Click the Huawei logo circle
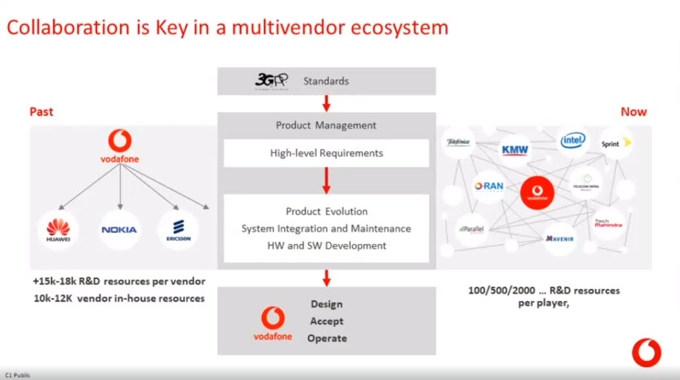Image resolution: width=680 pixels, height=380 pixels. tap(58, 230)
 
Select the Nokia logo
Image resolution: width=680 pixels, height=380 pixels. tap(119, 230)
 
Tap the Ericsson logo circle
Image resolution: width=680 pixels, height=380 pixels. tap(178, 230)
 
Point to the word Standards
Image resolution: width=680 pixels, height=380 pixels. tap(326, 81)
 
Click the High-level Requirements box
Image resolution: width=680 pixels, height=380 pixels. tap(326, 153)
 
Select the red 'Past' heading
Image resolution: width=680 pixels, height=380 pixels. tap(42, 111)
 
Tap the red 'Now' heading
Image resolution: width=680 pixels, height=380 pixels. tap(633, 111)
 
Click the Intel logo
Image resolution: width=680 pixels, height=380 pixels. tap(572, 140)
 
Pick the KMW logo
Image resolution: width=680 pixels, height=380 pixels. tap(514, 149)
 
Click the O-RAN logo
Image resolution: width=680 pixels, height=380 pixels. tap(489, 187)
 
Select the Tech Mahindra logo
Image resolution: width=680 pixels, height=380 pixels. tap(607, 224)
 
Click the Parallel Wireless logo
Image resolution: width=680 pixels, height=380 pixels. tap(472, 230)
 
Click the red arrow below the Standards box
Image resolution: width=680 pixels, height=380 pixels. tap(326, 103)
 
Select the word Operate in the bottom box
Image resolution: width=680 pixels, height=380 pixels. tap(326, 338)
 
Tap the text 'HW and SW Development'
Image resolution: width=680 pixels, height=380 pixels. tap(326, 245)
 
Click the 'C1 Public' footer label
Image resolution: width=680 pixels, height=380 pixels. tap(18, 375)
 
